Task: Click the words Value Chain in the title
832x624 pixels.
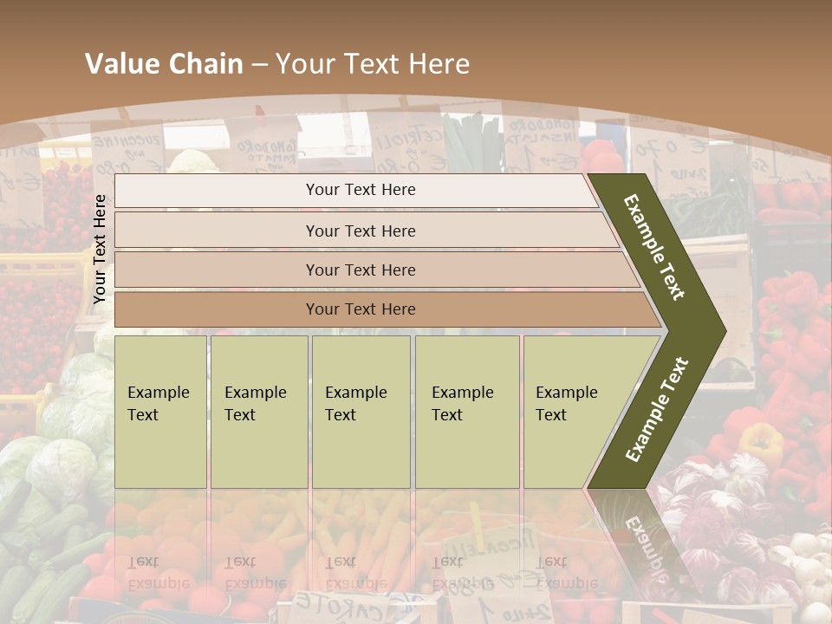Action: tap(164, 64)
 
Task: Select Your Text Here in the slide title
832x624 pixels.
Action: tap(373, 64)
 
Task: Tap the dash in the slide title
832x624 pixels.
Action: tap(259, 64)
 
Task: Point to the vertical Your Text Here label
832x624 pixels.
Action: tap(100, 249)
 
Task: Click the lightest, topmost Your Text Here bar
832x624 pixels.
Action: tap(361, 190)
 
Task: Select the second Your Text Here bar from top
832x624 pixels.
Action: tap(361, 231)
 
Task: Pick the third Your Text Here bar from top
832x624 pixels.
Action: tap(361, 270)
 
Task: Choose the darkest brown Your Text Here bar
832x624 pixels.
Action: tap(361, 309)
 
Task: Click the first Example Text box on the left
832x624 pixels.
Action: tap(160, 411)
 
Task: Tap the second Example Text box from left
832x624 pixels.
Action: tap(259, 411)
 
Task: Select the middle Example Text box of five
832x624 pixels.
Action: tap(361, 411)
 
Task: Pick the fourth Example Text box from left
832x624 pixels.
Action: tap(467, 411)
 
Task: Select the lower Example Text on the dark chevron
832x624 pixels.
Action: tap(658, 409)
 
